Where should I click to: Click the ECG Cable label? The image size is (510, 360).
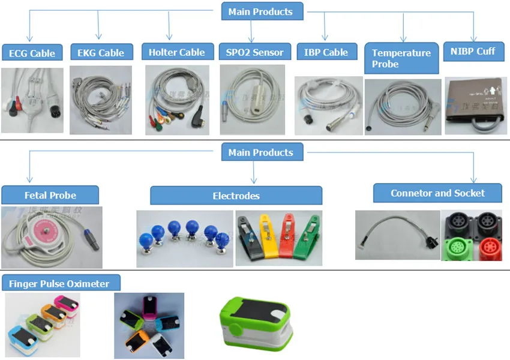[x=32, y=53]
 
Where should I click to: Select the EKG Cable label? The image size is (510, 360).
[x=101, y=53]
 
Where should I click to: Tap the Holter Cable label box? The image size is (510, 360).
[x=177, y=52]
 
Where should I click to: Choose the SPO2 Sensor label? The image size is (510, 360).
[x=255, y=52]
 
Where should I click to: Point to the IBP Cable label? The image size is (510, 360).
[x=326, y=52]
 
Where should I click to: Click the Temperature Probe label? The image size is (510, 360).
[x=401, y=58]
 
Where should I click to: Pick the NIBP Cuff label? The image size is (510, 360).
[x=473, y=51]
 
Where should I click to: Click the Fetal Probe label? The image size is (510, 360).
[x=50, y=195]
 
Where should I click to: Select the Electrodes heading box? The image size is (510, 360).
[x=236, y=196]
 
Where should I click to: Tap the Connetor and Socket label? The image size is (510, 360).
[x=437, y=193]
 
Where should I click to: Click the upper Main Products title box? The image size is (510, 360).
[x=260, y=11]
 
